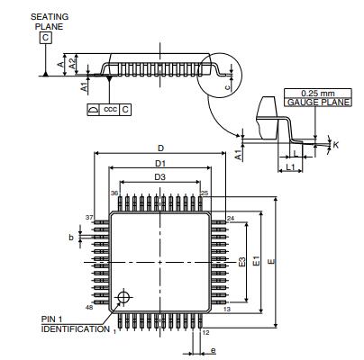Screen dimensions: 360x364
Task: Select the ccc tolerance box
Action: tap(110, 109)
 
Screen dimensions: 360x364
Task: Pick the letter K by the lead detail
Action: tap(336, 143)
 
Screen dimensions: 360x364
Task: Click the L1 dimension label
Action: tap(290, 169)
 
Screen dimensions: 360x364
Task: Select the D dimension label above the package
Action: tap(160, 147)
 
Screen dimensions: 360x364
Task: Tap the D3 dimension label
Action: tap(159, 177)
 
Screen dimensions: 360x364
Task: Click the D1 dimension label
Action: tap(159, 163)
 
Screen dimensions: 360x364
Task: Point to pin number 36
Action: tap(114, 193)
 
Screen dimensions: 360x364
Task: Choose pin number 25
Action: tap(205, 193)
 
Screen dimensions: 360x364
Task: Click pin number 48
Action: tap(89, 308)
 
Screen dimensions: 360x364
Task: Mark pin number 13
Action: tap(226, 309)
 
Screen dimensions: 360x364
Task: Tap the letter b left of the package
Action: tap(71, 237)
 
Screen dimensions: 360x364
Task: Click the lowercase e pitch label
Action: tap(213, 349)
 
